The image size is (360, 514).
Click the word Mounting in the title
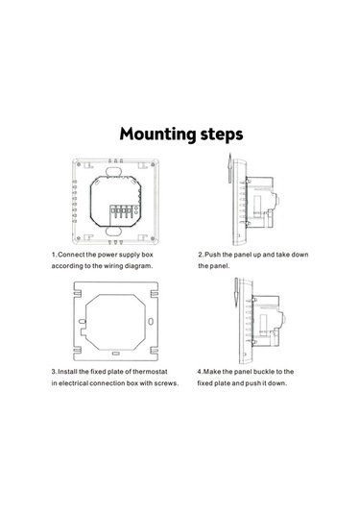[157, 135]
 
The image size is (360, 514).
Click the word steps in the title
[222, 135]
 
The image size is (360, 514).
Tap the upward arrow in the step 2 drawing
[230, 168]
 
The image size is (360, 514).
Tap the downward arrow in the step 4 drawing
[236, 292]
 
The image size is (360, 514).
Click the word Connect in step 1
[71, 255]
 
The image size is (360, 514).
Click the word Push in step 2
[212, 255]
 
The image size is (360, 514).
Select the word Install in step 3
[68, 372]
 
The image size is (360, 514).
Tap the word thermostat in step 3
[150, 372]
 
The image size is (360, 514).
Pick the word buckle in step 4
[264, 372]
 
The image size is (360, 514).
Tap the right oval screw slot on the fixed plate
[151, 322]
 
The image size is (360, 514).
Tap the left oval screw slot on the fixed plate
[83, 322]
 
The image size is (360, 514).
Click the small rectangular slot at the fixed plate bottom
[115, 354]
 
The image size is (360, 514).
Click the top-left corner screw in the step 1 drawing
[79, 164]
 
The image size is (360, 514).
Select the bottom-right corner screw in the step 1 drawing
[153, 238]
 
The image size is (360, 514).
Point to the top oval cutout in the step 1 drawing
[113, 171]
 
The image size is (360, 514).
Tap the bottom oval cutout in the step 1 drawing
[113, 232]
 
